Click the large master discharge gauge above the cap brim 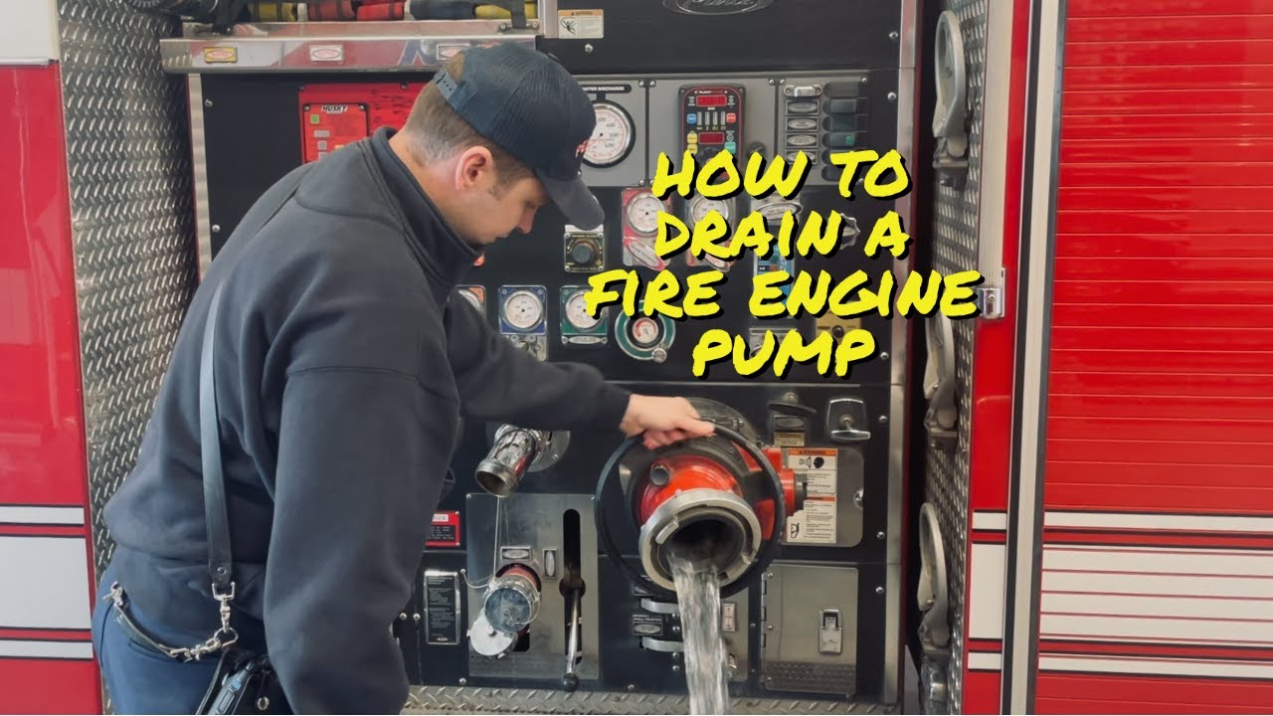(x=609, y=133)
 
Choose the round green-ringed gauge (x=644, y=332)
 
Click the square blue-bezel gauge (x=521, y=310)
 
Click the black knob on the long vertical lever (x=572, y=682)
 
